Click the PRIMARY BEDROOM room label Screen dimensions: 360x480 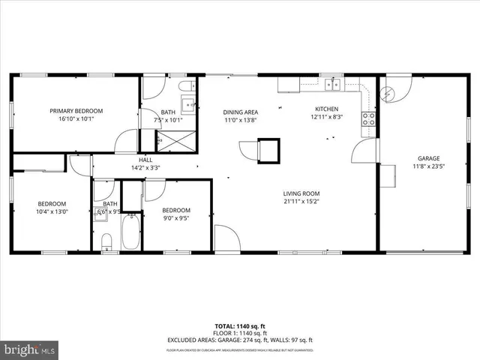76,111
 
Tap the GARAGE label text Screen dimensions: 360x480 428,158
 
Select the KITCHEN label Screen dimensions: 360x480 327,109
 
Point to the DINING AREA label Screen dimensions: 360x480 241,112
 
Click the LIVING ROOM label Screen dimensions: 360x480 302,193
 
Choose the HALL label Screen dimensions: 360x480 145,159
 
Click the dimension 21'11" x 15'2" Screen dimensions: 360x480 302,201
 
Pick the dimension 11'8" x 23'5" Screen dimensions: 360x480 428,167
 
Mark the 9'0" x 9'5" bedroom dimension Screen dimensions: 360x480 177,220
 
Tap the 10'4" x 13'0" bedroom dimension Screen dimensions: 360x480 52,211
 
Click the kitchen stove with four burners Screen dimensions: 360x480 368,118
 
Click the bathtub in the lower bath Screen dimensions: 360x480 132,232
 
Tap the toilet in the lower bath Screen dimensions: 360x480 106,241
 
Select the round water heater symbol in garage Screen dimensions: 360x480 388,93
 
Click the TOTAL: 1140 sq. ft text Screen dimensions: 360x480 240,326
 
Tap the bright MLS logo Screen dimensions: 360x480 30,349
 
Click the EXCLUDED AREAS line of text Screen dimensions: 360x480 240,340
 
